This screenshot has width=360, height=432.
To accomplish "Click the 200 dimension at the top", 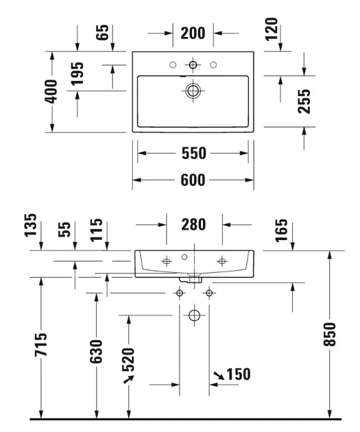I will coord(194,32).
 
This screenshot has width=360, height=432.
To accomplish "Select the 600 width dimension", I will coord(194,180).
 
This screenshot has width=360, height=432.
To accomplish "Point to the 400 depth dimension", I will coord(51,91).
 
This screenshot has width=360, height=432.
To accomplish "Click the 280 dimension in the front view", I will coord(195,224).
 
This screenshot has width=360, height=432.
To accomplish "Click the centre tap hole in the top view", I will coord(194,65).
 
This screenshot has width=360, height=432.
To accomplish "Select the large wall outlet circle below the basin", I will coord(194,316).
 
